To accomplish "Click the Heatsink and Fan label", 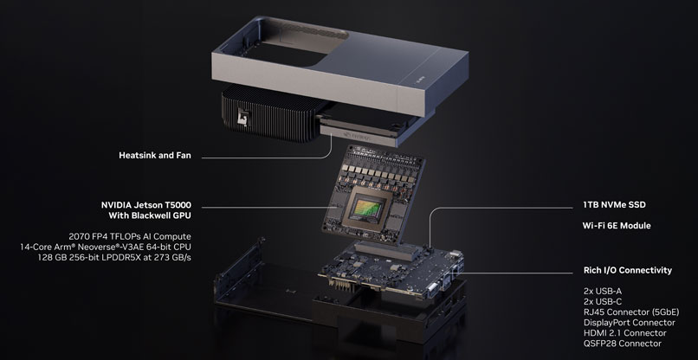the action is [155, 155].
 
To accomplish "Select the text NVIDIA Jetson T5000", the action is [146, 205].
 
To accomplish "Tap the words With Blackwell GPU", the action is [150, 215].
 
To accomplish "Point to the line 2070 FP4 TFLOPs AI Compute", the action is [130, 236].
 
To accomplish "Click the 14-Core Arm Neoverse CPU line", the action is [106, 247].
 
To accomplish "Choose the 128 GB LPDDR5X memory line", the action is [114, 257].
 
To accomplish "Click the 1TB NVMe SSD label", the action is [614, 205].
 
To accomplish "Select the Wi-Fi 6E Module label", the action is [617, 226].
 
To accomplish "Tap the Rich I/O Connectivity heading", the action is [628, 270].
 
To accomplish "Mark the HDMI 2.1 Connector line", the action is [624, 333].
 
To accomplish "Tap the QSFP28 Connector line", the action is [623, 343].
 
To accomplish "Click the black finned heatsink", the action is [267, 112].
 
